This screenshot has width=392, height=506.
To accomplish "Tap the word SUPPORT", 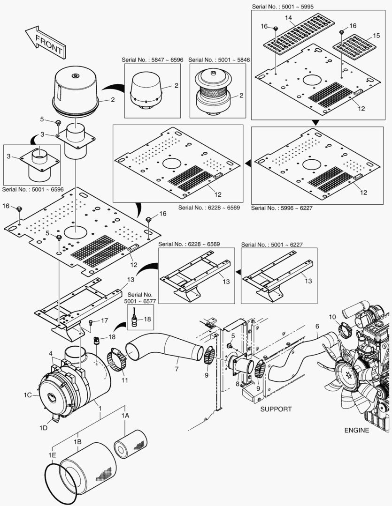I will coord(276,409).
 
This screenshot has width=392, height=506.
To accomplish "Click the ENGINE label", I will coord(356,430).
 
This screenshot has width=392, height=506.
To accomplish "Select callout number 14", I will coord(289,17).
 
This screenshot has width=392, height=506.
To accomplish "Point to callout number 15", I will coord(376,36).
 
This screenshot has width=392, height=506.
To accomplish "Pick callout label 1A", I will coord(125,416).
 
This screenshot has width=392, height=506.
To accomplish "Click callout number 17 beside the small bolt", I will coord(104,321).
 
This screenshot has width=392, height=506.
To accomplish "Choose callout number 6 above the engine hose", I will coord(317,326).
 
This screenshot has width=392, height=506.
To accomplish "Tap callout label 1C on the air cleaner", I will coord(28,395).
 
